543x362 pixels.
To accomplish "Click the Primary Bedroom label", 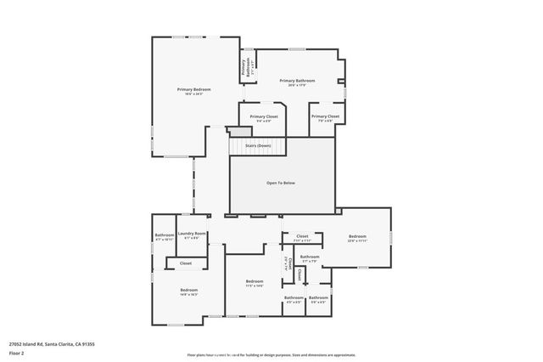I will click(193, 89).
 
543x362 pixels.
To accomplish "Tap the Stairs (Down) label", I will click(258, 146).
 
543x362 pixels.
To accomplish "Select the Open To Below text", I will click(281, 183).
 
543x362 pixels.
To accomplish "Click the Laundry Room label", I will click(192, 234).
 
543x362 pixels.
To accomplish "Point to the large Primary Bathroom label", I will click(298, 81).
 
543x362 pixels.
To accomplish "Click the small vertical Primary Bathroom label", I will click(246, 67).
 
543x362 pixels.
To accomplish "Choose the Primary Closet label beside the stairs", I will click(264, 116).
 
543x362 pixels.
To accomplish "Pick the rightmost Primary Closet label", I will click(325, 116).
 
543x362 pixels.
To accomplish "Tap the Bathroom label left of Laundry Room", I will click(164, 235).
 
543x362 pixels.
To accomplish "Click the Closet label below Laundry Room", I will click(185, 263).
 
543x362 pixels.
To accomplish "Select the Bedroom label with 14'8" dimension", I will click(188, 291).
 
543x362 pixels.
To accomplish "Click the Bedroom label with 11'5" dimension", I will click(255, 281).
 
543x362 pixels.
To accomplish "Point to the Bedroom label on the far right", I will click(357, 236).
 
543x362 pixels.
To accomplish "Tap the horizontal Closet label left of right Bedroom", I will click(302, 236).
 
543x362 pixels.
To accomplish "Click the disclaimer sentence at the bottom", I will click(271, 354).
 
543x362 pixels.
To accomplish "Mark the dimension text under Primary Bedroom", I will click(193, 94).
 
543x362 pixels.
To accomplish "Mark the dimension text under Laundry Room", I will click(192, 239).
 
